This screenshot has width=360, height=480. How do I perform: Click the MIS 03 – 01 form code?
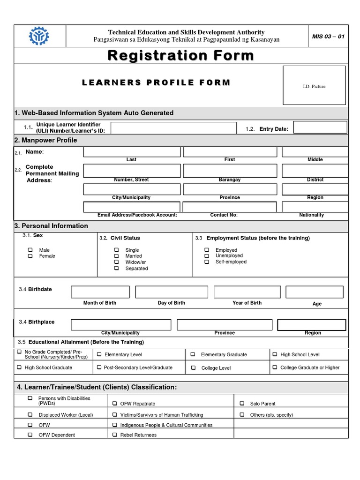coord(328,37)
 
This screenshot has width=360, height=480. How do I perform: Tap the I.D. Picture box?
coord(314,85)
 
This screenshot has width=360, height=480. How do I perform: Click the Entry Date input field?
coord(320,127)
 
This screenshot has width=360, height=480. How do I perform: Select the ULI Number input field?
coord(173,128)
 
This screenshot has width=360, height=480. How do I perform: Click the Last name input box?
coord(132,152)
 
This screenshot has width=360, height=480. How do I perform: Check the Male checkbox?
coord(30,250)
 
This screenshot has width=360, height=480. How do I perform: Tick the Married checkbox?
coord(116,256)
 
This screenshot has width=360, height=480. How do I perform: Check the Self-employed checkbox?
coord(207,262)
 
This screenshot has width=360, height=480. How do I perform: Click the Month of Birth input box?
coord(100,292)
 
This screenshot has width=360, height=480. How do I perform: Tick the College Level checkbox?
coord(193,368)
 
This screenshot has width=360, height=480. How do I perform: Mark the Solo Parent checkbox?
coord(242,403)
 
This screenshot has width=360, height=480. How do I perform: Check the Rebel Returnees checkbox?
coord(115,435)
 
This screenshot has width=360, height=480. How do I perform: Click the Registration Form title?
coord(180,56)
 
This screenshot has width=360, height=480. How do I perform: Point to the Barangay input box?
coord(229,170)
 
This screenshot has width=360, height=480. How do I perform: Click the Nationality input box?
coord(315,207)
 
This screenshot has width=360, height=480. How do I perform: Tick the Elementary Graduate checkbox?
coord(193,354)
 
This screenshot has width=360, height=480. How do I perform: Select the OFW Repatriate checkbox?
coord(115,403)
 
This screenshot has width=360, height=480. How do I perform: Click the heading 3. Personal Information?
coord(52,226)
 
